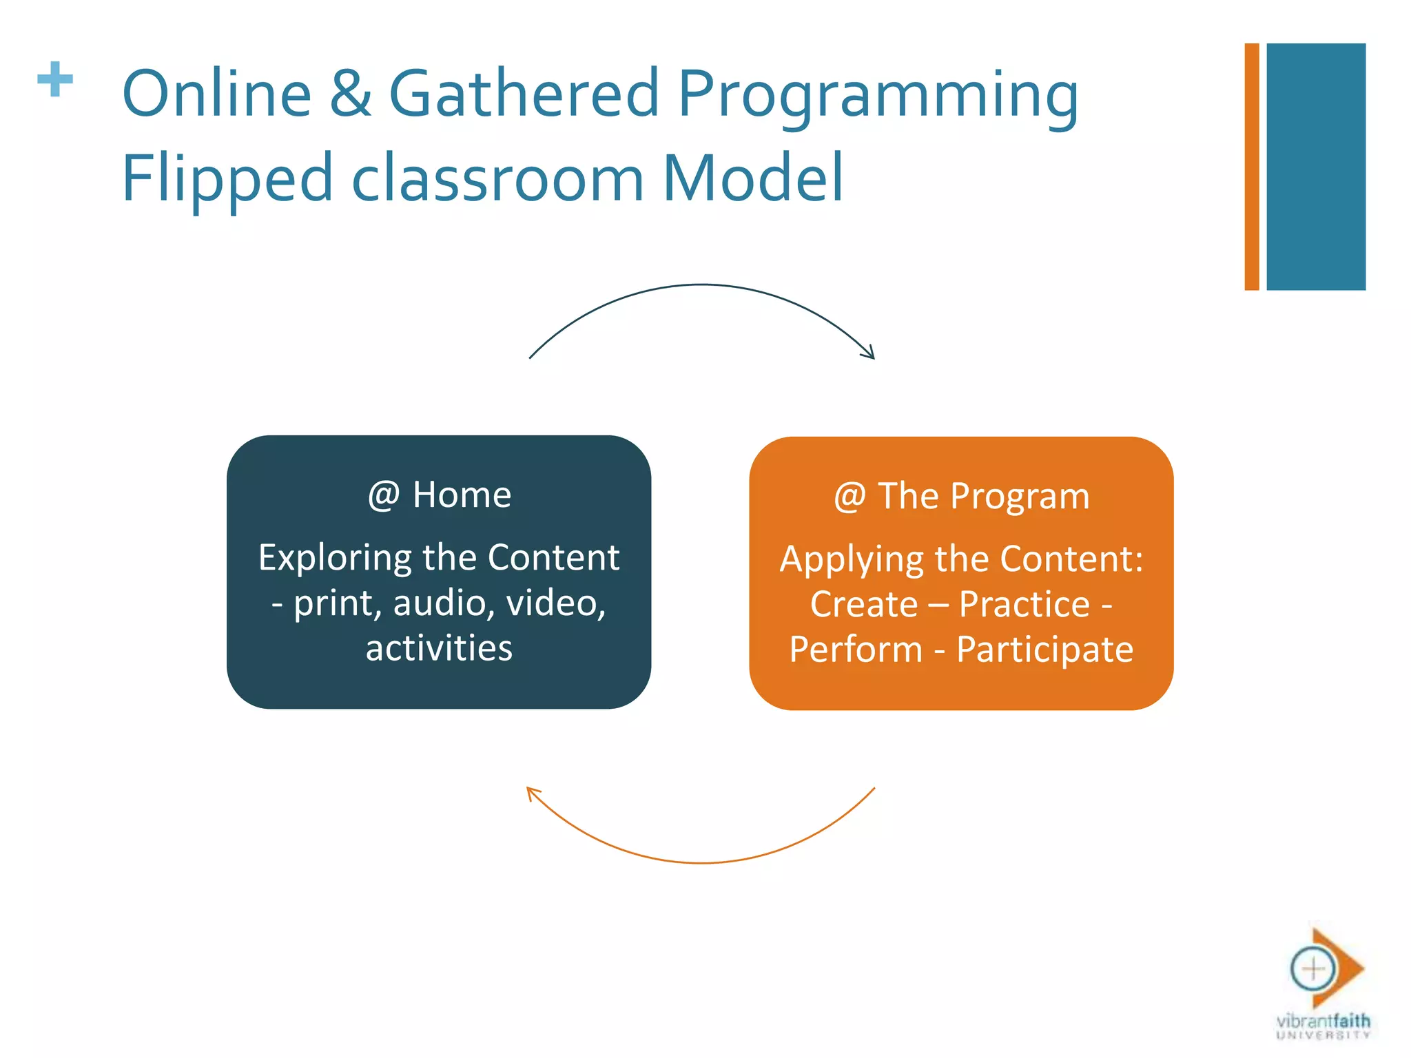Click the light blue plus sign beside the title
click(x=55, y=80)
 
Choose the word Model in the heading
click(x=752, y=178)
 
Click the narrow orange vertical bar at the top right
click(x=1251, y=167)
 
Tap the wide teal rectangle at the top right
click(x=1315, y=167)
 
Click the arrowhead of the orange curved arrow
click(x=531, y=792)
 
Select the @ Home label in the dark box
click(x=440, y=495)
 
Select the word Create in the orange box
click(x=864, y=605)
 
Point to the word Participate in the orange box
click(x=1044, y=650)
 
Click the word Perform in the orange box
click(x=856, y=650)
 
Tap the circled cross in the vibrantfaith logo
click(x=1313, y=969)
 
